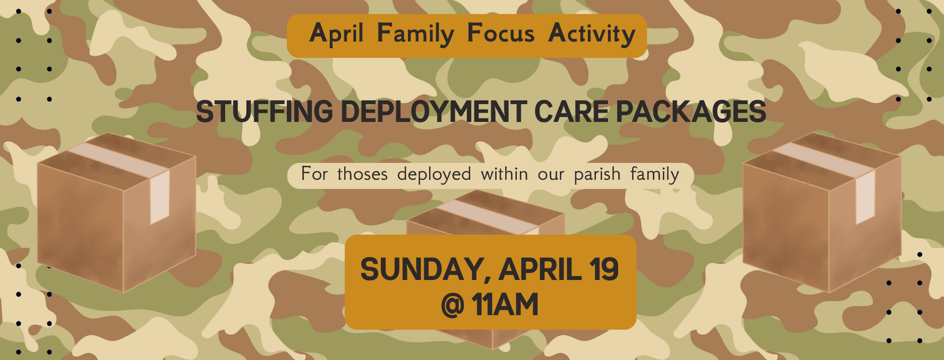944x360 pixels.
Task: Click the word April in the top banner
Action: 336,34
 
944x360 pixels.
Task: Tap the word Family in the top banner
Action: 415,34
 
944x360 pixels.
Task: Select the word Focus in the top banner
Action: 500,34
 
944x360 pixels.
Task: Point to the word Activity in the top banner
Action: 592,34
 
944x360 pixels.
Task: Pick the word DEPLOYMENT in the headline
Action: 433,112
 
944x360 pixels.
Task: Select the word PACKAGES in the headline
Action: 690,112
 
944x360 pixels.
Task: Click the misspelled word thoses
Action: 362,174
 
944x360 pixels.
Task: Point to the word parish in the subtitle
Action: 597,174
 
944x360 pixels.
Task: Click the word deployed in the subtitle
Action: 434,174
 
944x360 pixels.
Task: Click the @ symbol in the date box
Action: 452,305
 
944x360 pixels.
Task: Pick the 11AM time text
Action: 505,305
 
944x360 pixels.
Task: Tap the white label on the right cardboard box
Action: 865,198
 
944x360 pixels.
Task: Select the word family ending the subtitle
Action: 654,174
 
